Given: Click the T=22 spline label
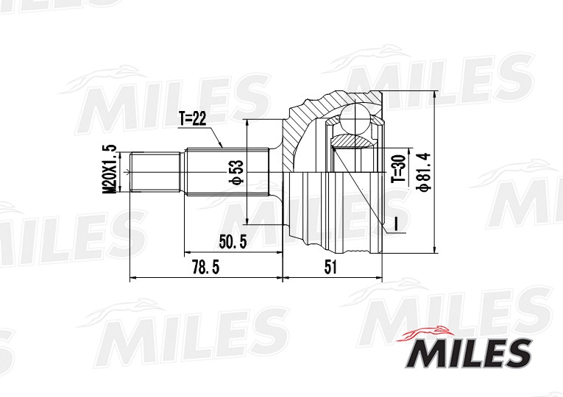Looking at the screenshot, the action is pos(193,119).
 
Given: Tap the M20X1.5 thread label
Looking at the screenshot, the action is pos(110,170).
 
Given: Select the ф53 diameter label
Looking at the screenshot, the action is pos(238,172).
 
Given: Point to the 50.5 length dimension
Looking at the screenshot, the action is pos(233,242).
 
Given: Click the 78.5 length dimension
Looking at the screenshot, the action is pos(205,267).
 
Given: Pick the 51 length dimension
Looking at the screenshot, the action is pos(330,267).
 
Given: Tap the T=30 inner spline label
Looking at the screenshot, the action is pos(400,168).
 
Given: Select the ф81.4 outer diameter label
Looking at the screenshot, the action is pos(424,172).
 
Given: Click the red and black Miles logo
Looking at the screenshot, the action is pos(467,347).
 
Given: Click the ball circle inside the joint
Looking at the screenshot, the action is pos(355,119).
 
